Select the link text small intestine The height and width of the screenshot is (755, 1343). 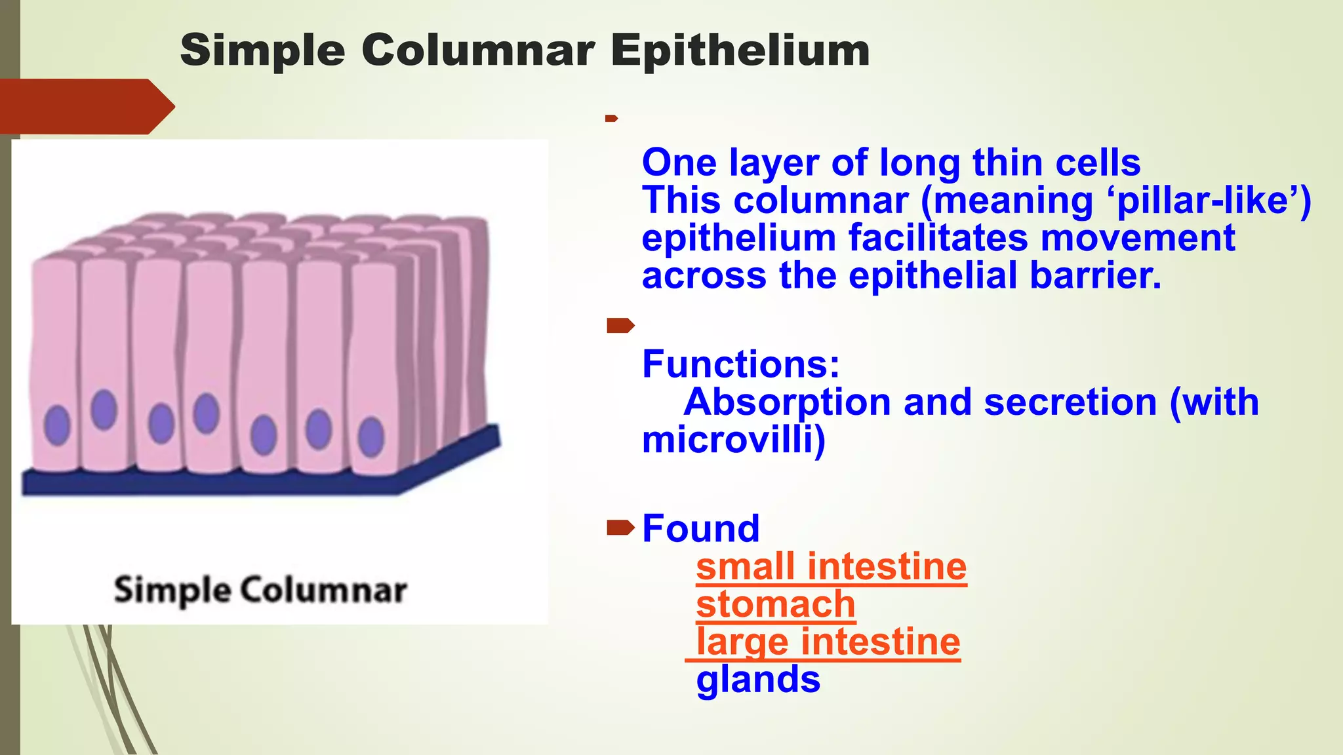coord(831,567)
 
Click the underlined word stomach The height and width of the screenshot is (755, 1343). coord(775,604)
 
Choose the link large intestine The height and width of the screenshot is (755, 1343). coord(828,642)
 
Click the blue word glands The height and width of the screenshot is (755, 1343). coord(758,680)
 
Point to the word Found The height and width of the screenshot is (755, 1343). coord(700,528)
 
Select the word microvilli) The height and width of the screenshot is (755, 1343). coord(733,440)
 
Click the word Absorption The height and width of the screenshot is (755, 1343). coord(786,402)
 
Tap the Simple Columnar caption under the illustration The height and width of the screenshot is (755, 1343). coord(260,590)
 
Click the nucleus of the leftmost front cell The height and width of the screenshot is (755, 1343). coord(57,425)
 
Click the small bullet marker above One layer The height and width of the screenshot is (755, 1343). coord(611,119)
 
